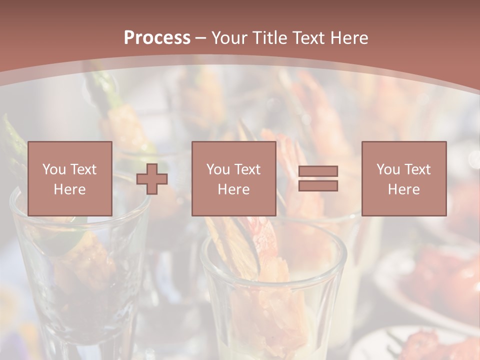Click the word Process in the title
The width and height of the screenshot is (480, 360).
coord(157,38)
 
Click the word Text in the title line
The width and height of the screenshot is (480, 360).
coord(306,38)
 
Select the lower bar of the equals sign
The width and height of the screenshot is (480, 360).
coord(318,186)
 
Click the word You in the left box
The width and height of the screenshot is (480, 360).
coord(53,169)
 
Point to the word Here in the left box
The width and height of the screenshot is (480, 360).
coord(69,189)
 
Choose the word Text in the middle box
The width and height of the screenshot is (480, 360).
coord(248,169)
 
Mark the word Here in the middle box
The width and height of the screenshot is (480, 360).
coord(233,189)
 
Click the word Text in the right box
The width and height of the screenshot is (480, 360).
coord(418,169)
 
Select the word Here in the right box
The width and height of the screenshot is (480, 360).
coord(403,189)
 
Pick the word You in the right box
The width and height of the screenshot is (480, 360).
coord(388,169)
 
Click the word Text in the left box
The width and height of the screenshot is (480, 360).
coord(83,169)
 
